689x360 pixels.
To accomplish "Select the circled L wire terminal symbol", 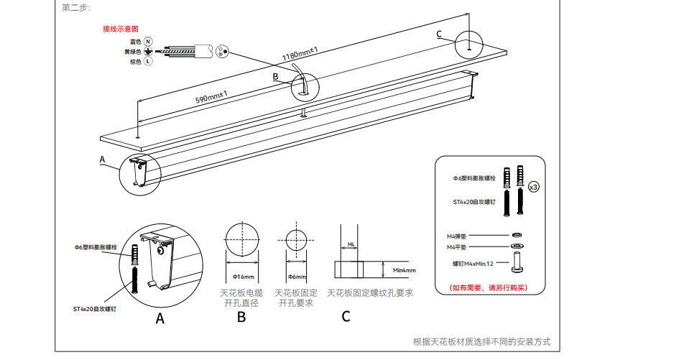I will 148,62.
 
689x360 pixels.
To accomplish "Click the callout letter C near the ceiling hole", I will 440,34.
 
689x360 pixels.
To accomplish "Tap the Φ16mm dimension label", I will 245,277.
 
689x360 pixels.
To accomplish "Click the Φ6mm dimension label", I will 297,277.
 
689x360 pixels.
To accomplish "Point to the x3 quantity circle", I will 534,187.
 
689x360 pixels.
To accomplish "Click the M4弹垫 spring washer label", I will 458,236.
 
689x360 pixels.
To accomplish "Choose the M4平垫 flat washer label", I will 458,247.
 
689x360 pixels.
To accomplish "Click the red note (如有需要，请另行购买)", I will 488,287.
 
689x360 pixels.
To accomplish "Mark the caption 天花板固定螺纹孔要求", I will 369,293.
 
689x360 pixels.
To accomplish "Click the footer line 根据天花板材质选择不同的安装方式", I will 482,342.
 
